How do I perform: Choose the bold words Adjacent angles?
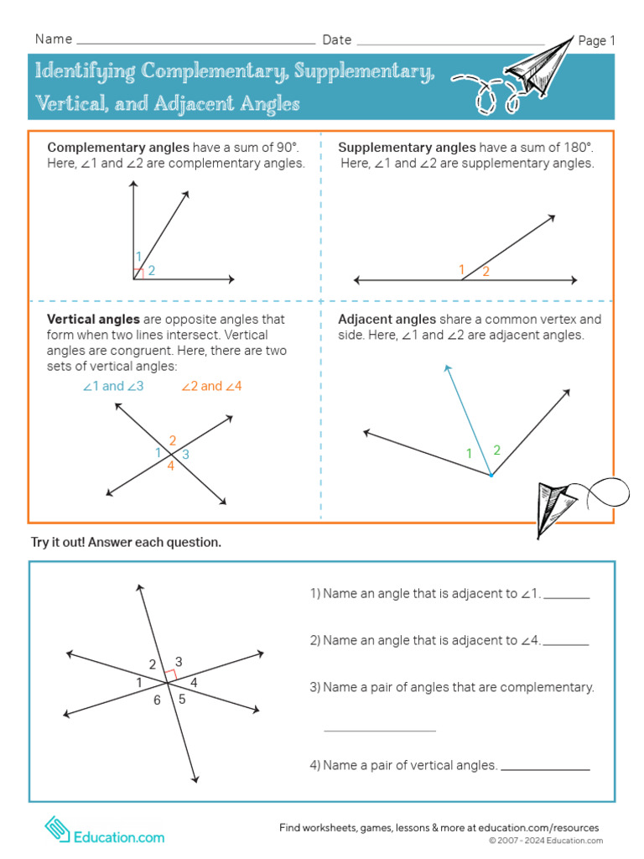387,320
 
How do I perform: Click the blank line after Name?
195,41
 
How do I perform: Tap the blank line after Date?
450,41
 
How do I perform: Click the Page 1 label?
597,40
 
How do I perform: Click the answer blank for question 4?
545,768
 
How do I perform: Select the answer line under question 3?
380,730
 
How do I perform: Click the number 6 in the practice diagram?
157,700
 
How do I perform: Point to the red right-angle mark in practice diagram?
170,674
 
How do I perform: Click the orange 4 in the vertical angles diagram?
170,466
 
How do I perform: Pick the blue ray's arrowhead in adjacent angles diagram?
448,367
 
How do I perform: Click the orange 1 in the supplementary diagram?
461,269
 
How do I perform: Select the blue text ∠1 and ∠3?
113,387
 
